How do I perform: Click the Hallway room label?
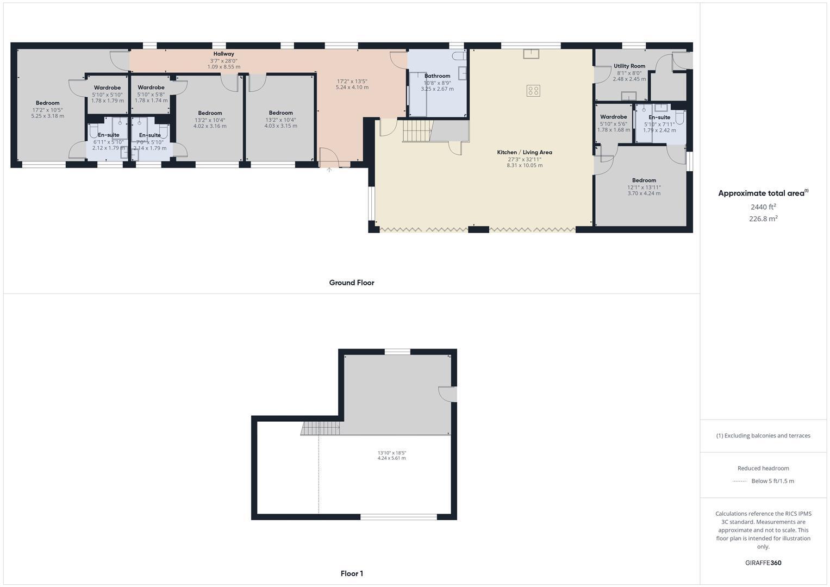pyautogui.click(x=223, y=54)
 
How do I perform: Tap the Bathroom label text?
pyautogui.click(x=437, y=76)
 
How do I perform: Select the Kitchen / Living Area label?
pyautogui.click(x=525, y=152)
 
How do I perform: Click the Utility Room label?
pyautogui.click(x=629, y=66)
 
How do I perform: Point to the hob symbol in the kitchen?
pyautogui.click(x=533, y=91)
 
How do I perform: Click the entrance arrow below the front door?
pyautogui.click(x=329, y=170)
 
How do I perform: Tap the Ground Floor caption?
pyautogui.click(x=352, y=283)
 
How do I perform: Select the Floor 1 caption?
pyautogui.click(x=352, y=573)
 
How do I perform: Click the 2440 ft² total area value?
pyautogui.click(x=763, y=207)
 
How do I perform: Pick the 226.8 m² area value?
pyautogui.click(x=763, y=218)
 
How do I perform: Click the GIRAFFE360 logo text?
pyautogui.click(x=763, y=563)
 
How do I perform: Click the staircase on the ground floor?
pyautogui.click(x=416, y=131)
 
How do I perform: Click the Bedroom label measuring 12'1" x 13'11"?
pyautogui.click(x=644, y=180)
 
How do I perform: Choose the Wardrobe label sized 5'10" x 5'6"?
pyautogui.click(x=614, y=117)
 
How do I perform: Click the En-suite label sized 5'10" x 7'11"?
pyautogui.click(x=659, y=117)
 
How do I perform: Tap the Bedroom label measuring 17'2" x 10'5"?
pyautogui.click(x=48, y=103)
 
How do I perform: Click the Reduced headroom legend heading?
pyautogui.click(x=763, y=468)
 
